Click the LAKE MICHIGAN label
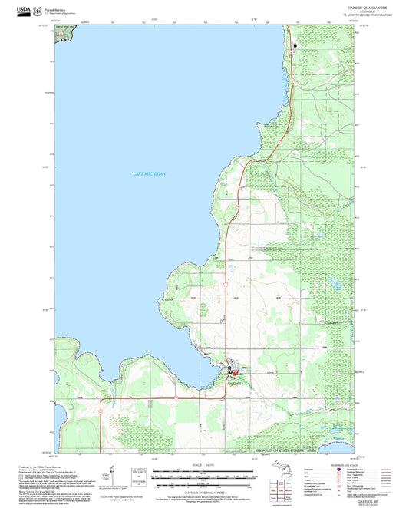coord(149,175)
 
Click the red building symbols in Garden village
coord(236,372)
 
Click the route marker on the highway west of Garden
coord(176,399)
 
